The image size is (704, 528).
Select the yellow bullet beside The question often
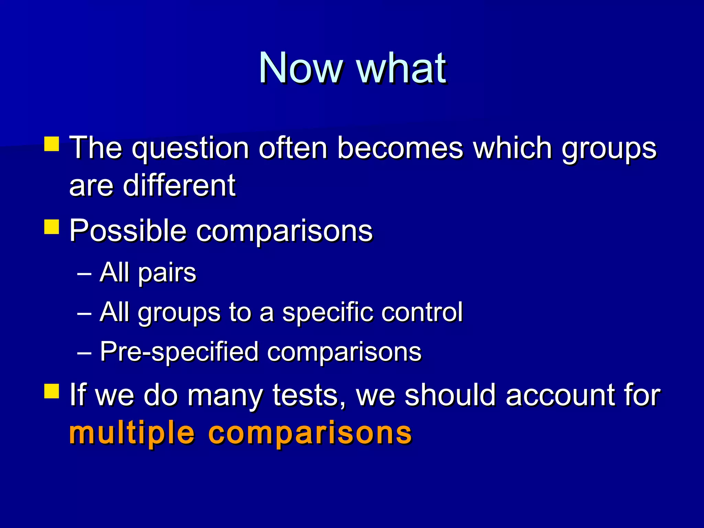pos(52,144)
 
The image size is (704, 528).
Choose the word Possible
pos(128,231)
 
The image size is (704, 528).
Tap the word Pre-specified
pos(179,352)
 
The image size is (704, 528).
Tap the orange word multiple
pos(132,433)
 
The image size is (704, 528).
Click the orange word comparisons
pos(310,433)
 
